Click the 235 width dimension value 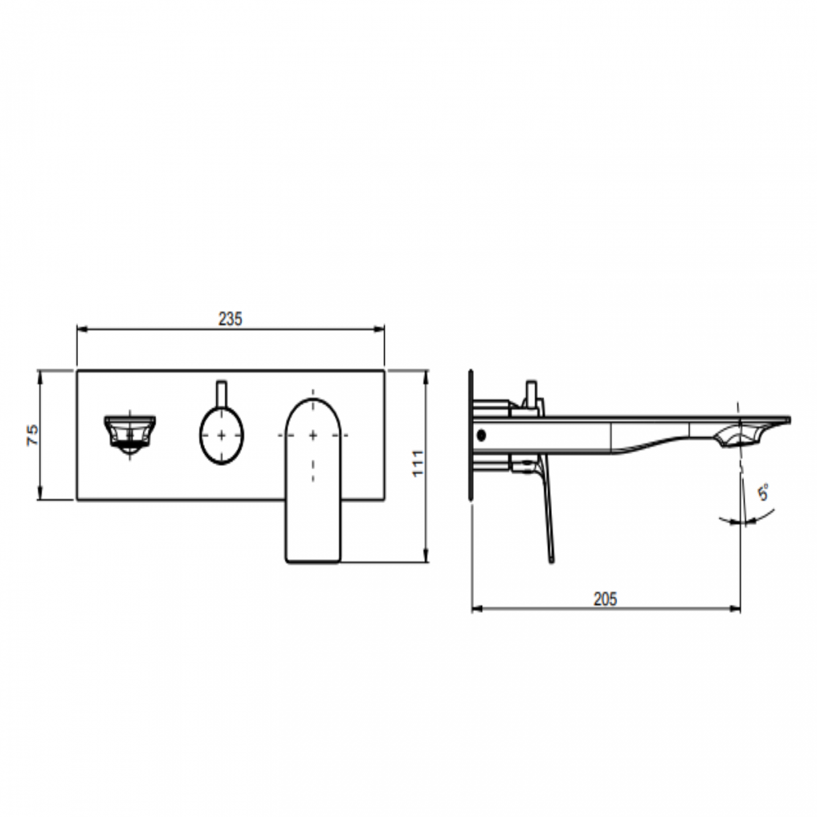coord(230,319)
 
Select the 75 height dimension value coord(33,434)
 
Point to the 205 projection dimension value coord(605,599)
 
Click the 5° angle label coord(763,493)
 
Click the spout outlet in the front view coord(129,434)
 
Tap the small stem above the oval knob coord(221,394)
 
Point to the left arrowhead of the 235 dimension coord(82,329)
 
